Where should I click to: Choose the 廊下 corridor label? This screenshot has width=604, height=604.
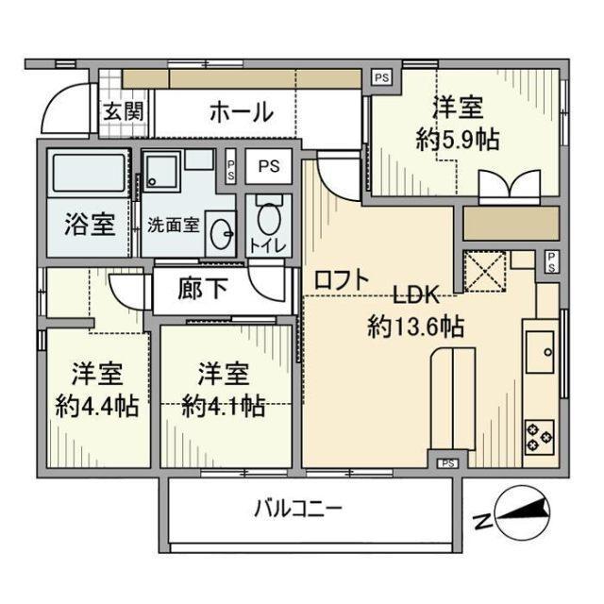(202, 288)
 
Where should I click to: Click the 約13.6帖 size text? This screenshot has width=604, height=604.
(415, 327)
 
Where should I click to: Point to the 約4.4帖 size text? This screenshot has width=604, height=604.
(97, 406)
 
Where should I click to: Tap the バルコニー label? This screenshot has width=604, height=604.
(297, 511)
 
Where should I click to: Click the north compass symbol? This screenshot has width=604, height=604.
(515, 513)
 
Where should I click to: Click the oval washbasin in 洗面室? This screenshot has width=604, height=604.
(222, 232)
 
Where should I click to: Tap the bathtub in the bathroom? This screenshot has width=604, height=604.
(88, 174)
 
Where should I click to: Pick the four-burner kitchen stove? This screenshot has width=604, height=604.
(539, 433)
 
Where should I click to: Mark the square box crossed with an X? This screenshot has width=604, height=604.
(485, 273)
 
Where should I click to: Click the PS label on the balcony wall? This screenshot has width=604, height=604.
(448, 462)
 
